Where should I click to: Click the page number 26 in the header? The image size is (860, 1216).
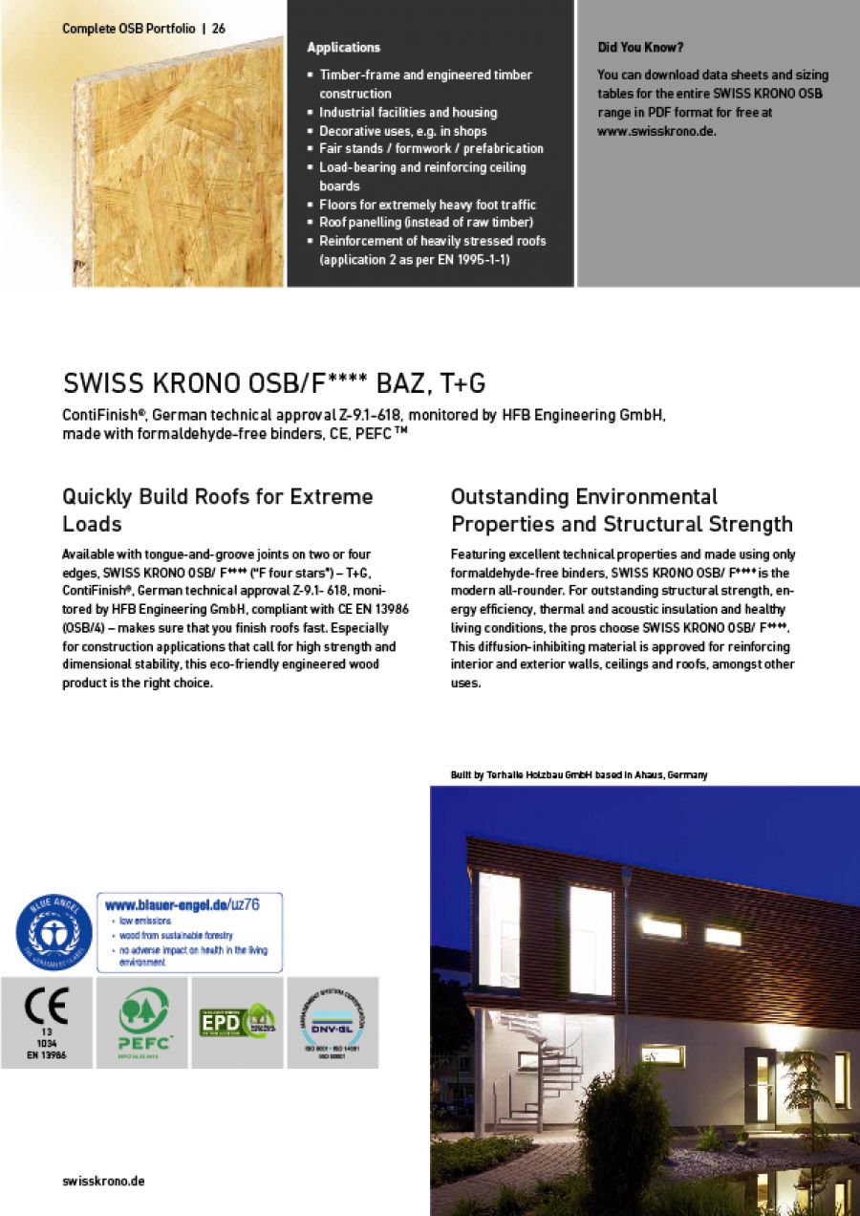coord(219,29)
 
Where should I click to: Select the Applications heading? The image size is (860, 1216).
coord(343,48)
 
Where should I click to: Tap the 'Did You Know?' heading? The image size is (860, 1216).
coord(640,47)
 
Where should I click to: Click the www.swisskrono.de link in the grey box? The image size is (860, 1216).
coord(656,131)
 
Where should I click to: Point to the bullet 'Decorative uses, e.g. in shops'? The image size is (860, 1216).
coord(402,131)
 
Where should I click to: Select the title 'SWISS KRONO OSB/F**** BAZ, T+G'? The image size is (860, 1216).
coord(274,384)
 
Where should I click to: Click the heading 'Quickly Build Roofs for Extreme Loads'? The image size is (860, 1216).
coord(218,510)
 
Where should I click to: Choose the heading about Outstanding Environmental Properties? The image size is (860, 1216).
coord(621,510)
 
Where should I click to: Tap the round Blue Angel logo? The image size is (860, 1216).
coord(54,932)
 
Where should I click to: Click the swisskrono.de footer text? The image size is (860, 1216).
coord(103,1181)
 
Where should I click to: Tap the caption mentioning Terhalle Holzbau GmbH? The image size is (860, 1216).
coord(578,774)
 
